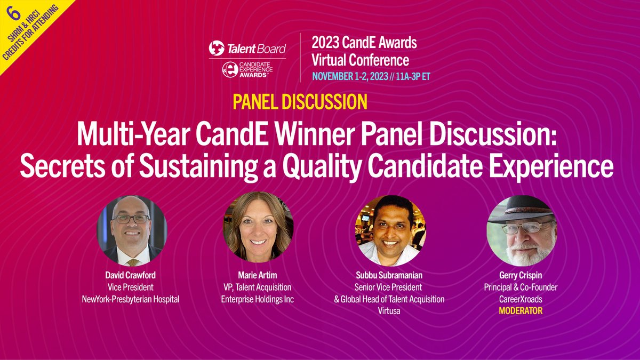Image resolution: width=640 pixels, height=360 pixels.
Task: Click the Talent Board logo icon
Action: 217,48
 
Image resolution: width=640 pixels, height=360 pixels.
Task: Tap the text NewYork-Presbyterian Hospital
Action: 131,300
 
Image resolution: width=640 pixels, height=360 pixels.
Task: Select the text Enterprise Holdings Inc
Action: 258,300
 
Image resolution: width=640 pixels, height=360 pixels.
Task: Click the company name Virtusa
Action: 389,310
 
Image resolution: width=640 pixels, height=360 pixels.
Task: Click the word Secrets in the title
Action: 58,166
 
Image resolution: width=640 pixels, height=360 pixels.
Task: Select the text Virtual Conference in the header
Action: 361,60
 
